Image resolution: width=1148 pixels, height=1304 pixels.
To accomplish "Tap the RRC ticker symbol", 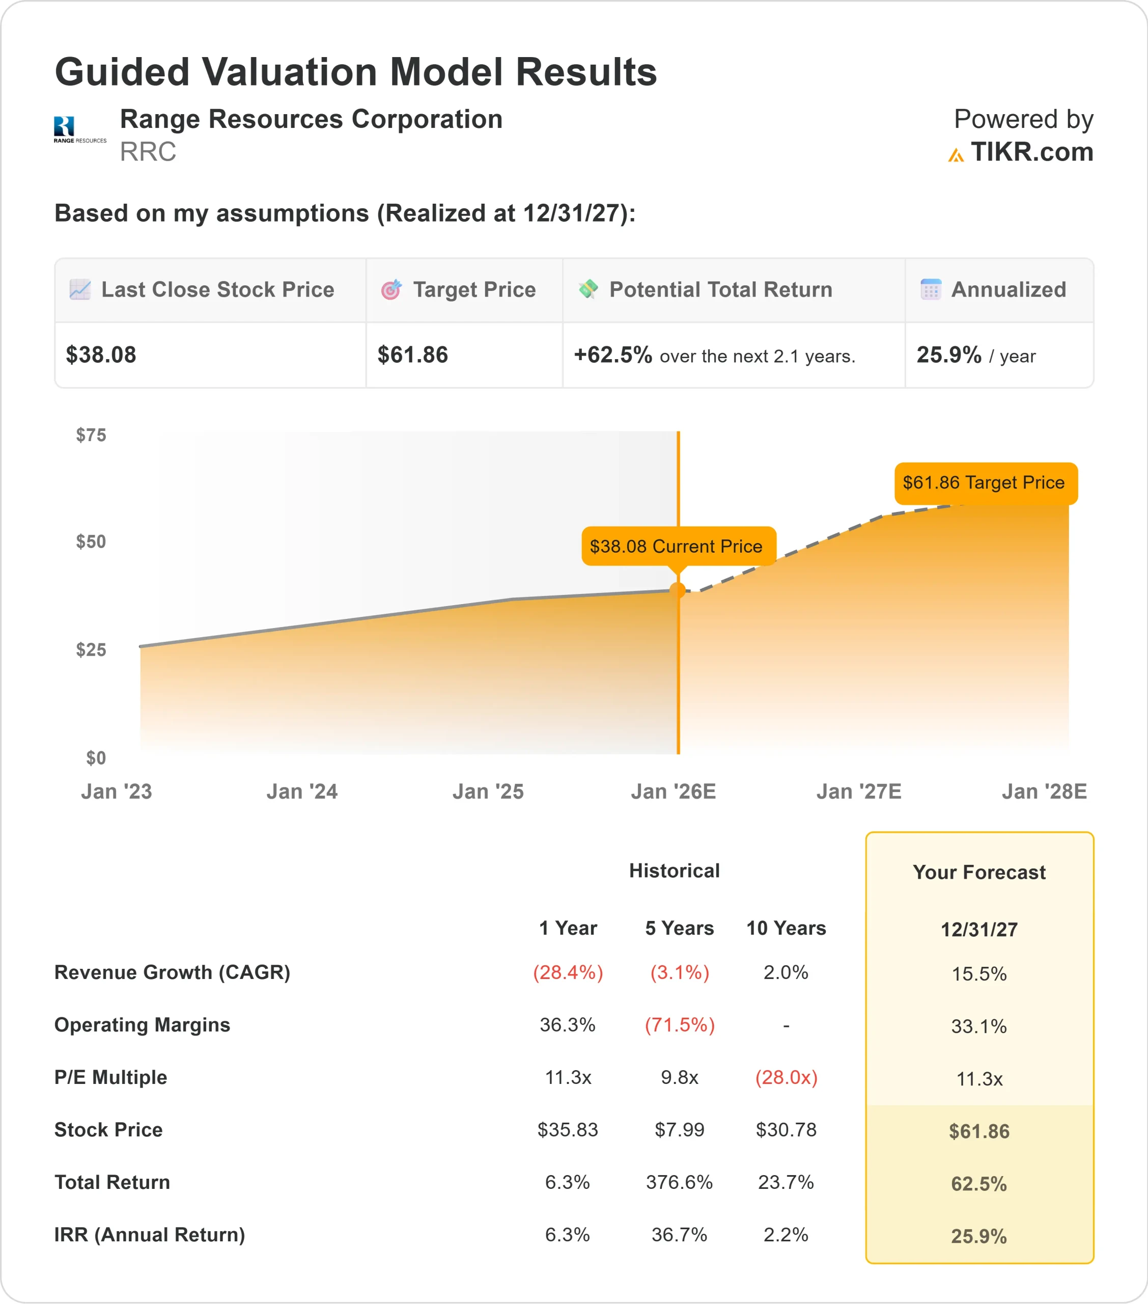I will tap(148, 152).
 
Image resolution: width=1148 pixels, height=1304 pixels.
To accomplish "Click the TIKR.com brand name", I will tap(1031, 152).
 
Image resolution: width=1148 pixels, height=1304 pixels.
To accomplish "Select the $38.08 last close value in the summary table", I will tap(101, 355).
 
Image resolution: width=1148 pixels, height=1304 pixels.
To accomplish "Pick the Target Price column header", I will tap(474, 290).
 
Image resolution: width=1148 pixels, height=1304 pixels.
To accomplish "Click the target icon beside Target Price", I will tap(391, 290).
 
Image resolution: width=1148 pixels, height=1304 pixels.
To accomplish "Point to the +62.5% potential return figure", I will tap(613, 355).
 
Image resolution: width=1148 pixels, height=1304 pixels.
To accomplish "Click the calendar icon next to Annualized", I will tap(931, 290).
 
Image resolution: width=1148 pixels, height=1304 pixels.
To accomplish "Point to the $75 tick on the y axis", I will tap(91, 435).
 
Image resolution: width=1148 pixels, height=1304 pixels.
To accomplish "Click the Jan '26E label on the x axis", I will tap(674, 792).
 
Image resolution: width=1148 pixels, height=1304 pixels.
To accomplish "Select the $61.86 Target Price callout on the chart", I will tap(985, 482).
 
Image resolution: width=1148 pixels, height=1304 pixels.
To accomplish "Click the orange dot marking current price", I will tap(678, 591).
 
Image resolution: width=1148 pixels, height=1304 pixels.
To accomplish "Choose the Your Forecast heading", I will tap(979, 872).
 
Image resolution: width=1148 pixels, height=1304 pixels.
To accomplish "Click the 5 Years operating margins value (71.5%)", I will tap(680, 1024).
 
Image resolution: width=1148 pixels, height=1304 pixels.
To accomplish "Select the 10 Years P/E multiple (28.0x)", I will tap(787, 1077).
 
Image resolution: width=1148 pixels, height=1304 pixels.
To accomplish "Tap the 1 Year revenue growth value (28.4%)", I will tap(568, 972).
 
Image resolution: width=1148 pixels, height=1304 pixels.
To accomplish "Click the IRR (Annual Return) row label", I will tap(150, 1235).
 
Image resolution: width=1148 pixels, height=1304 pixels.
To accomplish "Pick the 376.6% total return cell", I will tap(679, 1182).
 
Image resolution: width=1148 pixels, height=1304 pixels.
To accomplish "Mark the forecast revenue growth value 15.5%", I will tap(979, 974).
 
